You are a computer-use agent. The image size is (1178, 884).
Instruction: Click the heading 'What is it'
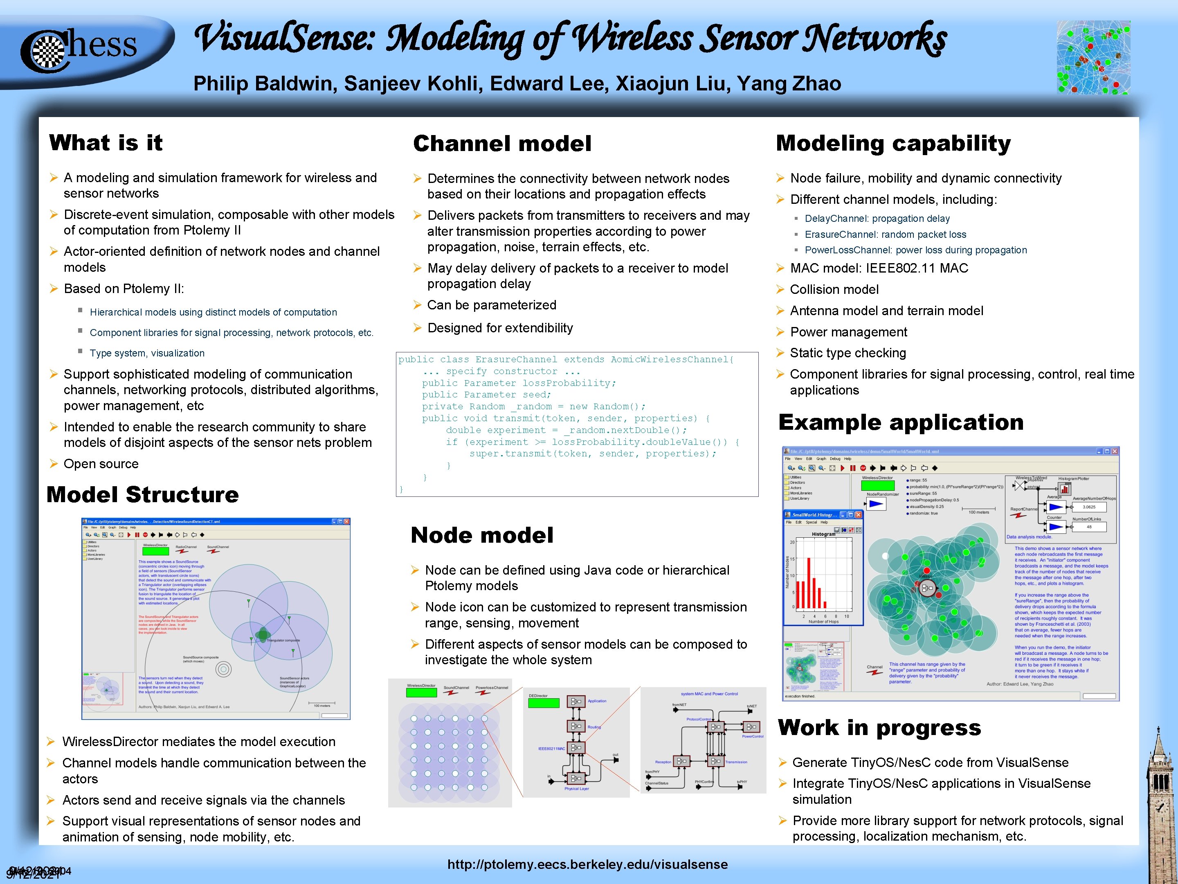tap(106, 143)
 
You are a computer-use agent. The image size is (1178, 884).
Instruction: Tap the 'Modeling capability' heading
tap(893, 144)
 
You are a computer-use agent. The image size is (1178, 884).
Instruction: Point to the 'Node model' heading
tap(481, 535)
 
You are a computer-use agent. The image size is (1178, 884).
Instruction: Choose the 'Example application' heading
tap(901, 422)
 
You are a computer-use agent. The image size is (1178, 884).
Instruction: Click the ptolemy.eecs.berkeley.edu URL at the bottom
tap(587, 864)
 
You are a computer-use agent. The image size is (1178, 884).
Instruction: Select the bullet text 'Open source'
tap(101, 464)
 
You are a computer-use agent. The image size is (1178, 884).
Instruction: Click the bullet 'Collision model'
tap(834, 290)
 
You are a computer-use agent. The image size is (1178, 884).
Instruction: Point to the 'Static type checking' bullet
tap(848, 353)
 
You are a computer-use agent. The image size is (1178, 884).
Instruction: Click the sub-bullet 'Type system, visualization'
tap(147, 353)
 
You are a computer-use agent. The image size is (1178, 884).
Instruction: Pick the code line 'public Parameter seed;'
tap(486, 395)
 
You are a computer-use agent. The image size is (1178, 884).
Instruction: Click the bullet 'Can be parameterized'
tap(492, 305)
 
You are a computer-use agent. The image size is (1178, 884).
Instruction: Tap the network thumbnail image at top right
tap(1093, 58)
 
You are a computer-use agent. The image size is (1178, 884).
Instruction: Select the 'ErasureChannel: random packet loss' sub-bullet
tap(885, 235)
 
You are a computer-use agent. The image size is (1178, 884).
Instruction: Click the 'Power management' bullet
tap(848, 332)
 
